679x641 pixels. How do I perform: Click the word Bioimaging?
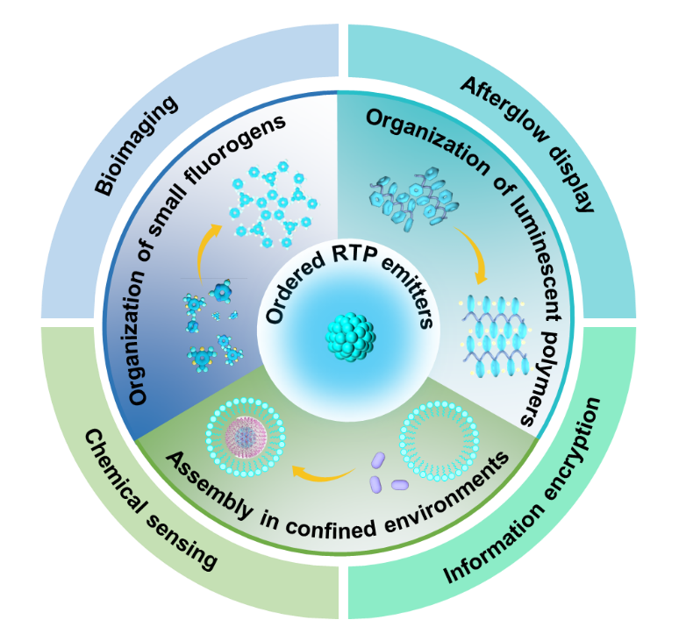coord(131,142)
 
